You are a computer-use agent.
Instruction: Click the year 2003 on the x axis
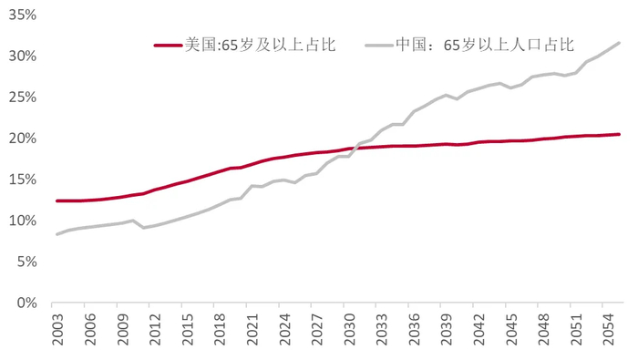tap(58, 328)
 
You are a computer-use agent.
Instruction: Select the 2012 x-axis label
tap(156, 328)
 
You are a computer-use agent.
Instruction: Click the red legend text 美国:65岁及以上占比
tap(260, 44)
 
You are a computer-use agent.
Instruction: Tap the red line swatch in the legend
tap(169, 44)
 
